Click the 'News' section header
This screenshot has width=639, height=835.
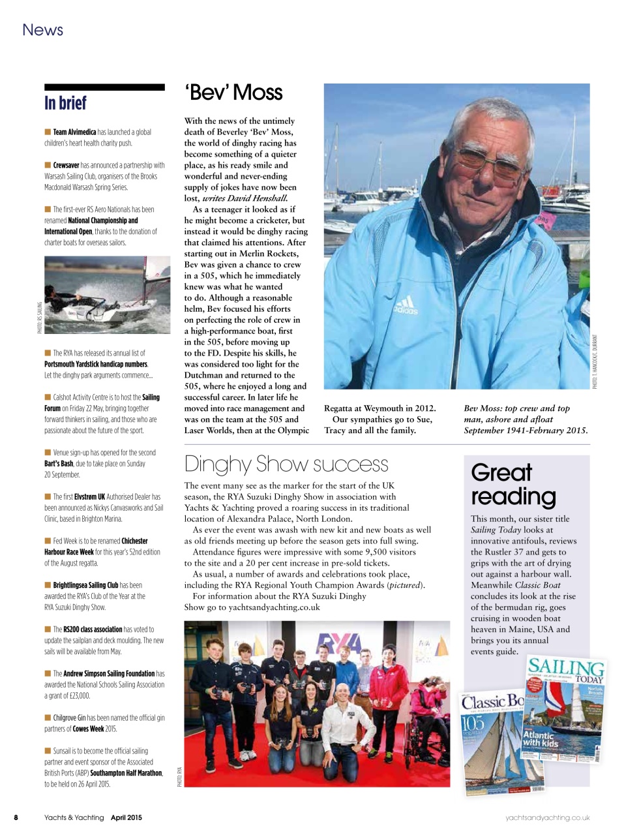(x=42, y=30)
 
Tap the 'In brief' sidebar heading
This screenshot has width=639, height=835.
(x=65, y=103)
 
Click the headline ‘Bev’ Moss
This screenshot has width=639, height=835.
(x=234, y=93)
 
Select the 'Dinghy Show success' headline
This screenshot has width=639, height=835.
(x=286, y=464)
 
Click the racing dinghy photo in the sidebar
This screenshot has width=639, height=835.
(x=107, y=295)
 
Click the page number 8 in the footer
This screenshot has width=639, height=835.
(x=16, y=817)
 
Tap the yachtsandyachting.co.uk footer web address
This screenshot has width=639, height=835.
(x=548, y=817)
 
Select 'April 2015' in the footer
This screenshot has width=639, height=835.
(x=126, y=817)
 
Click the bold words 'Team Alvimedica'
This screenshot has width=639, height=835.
(x=74, y=132)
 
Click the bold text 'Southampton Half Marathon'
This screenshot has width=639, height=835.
(x=126, y=773)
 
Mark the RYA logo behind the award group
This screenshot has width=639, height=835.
(x=338, y=646)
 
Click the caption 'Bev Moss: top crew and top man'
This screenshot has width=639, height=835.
(x=516, y=408)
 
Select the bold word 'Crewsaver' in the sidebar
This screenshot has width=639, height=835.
(x=66, y=165)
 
